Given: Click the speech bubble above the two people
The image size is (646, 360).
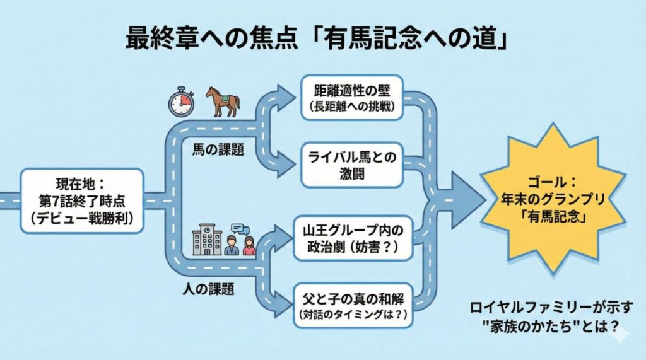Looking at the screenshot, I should [238, 229].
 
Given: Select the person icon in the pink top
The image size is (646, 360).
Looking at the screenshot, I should [249, 246].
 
